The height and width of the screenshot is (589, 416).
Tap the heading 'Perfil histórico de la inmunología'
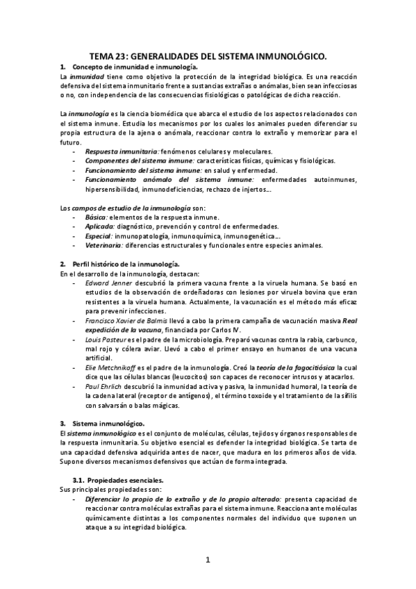tap(126, 264)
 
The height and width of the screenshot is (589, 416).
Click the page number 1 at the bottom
tap(207, 560)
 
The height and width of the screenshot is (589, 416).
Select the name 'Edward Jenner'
tap(105, 284)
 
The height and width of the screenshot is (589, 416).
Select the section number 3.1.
tap(78, 481)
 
